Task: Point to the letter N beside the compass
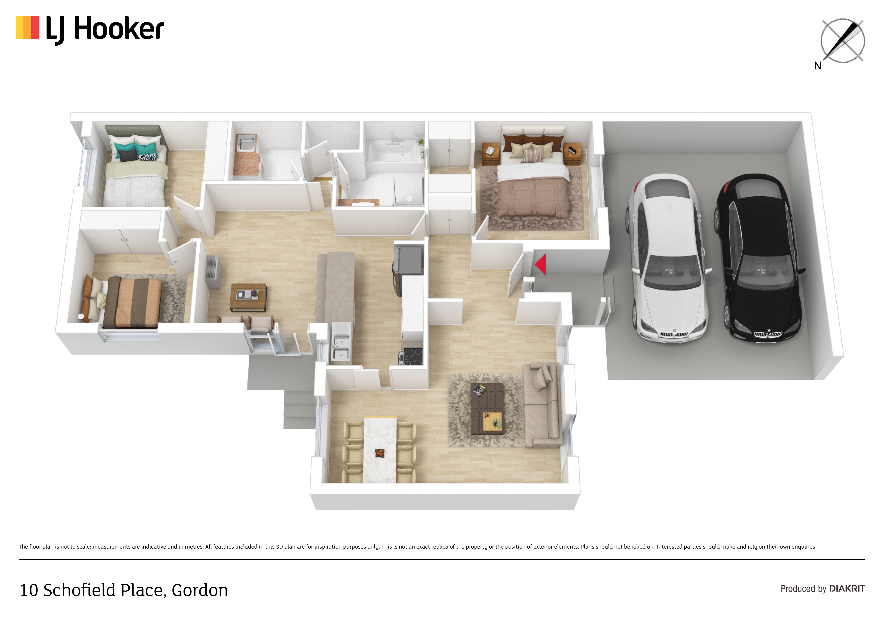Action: click(818, 66)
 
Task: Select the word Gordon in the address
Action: click(200, 590)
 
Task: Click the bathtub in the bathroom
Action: click(392, 152)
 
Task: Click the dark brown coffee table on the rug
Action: click(487, 409)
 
